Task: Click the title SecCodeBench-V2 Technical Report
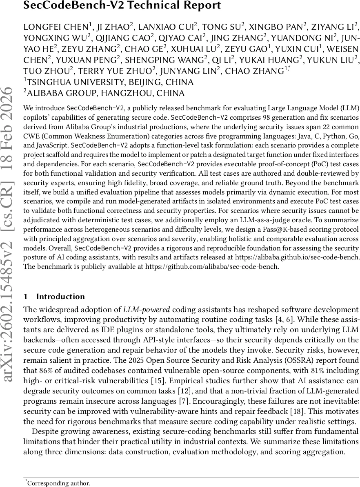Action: point(122,5)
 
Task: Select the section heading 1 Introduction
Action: point(54,297)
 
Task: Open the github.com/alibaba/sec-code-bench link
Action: point(212,266)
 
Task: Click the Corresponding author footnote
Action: point(59,483)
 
